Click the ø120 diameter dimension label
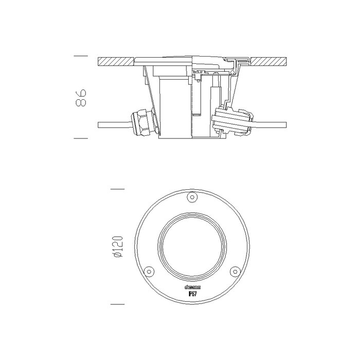[118, 247]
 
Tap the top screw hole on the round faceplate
[192, 196]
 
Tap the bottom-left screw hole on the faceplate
[148, 271]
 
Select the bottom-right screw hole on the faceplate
[235, 271]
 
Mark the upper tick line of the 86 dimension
[81, 55]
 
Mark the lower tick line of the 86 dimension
[81, 138]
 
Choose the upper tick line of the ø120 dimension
[118, 189]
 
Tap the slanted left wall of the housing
[148, 93]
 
